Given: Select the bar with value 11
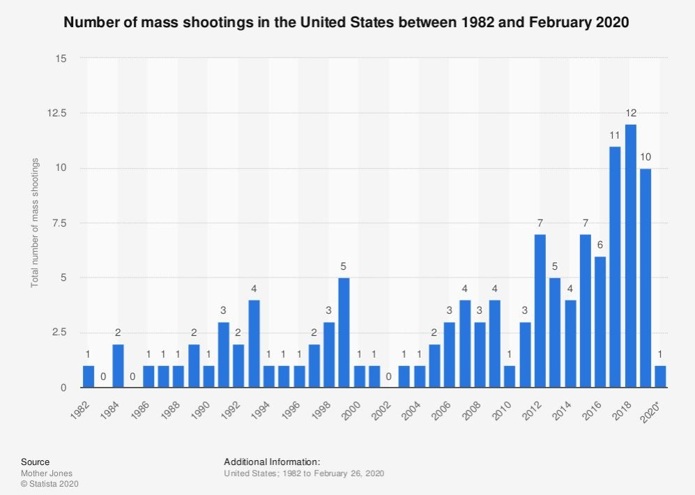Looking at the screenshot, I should pyautogui.click(x=615, y=266).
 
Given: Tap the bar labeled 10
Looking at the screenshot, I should pyautogui.click(x=646, y=277).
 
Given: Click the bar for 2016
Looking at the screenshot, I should pyautogui.click(x=600, y=321).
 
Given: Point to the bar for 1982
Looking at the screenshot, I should pyautogui.click(x=89, y=376).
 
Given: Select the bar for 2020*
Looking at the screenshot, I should pyautogui.click(x=660, y=376).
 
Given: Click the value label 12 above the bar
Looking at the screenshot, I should pyautogui.click(x=630, y=113).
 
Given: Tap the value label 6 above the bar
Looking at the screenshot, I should pyautogui.click(x=600, y=245).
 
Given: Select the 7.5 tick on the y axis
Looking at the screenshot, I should pyautogui.click(x=60, y=223).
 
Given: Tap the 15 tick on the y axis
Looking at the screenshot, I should pyautogui.click(x=61, y=59).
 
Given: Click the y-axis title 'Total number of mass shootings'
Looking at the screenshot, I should pyautogui.click(x=34, y=223).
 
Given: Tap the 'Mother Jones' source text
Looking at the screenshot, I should pyautogui.click(x=52, y=473).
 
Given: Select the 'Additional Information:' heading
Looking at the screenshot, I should pyautogui.click(x=271, y=462).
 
